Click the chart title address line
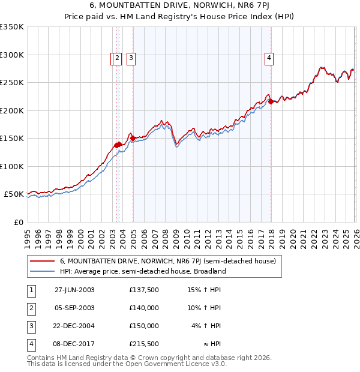click(179, 7)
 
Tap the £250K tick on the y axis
click(12, 83)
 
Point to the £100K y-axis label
click(12, 166)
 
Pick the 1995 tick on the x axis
click(27, 234)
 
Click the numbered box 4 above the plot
click(269, 58)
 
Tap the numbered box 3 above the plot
click(131, 58)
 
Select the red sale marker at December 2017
click(271, 102)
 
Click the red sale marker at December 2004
click(133, 138)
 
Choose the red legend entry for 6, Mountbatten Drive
click(167, 261)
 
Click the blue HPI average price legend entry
click(142, 271)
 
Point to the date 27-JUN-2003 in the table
click(74, 290)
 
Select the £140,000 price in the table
click(144, 308)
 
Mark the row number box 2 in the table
click(31, 308)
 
